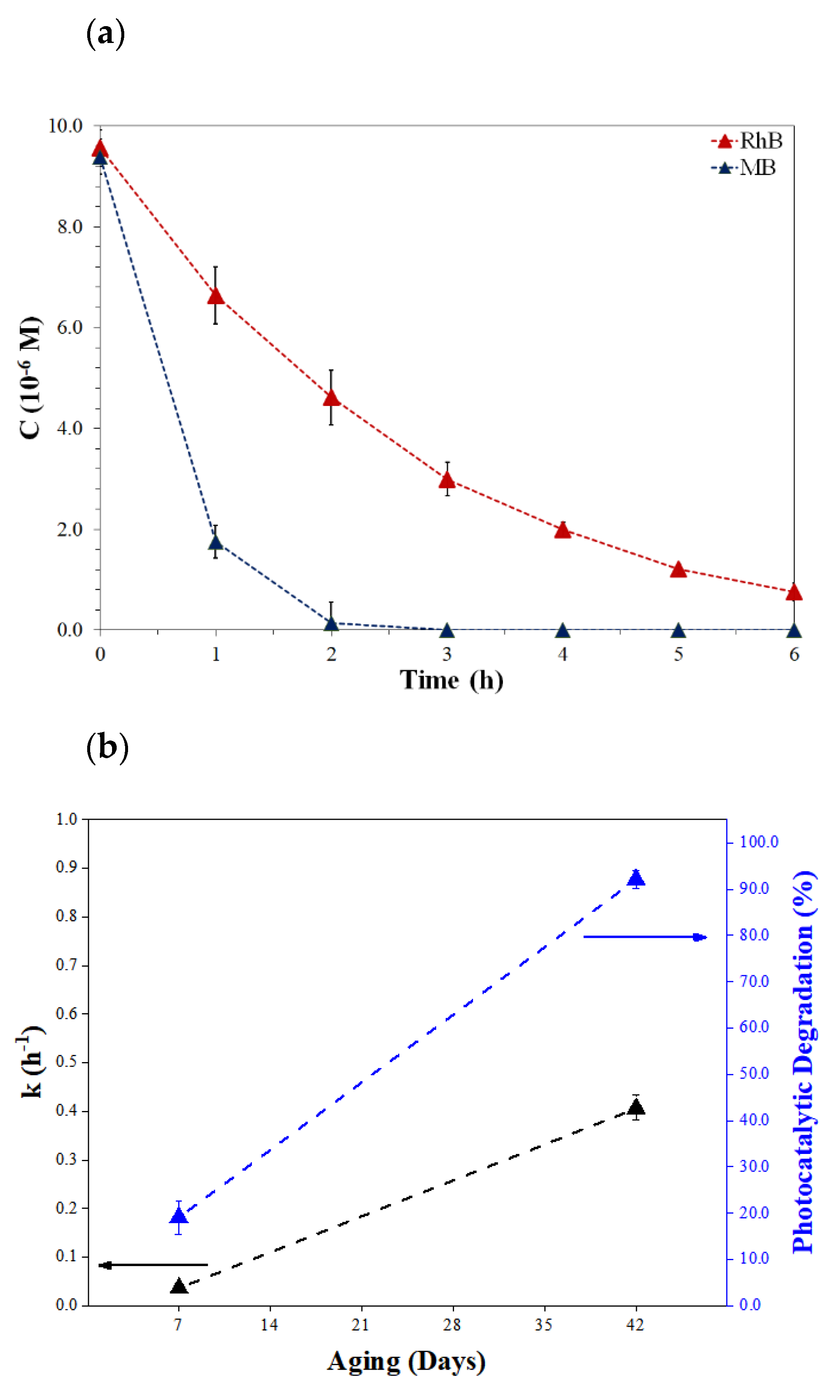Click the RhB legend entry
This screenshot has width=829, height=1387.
click(x=747, y=141)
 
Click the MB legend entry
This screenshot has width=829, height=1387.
click(x=744, y=168)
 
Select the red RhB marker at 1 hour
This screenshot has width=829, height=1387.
click(x=216, y=296)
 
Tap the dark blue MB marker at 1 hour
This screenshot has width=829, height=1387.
click(x=216, y=542)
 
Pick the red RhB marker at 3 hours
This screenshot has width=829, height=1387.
click(x=447, y=480)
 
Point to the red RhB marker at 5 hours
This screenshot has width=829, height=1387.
click(x=678, y=569)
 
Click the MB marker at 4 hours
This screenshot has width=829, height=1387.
click(x=562, y=631)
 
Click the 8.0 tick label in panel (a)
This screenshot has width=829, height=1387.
click(x=70, y=226)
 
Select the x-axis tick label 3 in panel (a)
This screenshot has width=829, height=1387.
click(x=447, y=654)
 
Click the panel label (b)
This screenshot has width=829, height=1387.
click(x=107, y=748)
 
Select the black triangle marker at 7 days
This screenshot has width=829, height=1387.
click(x=179, y=1286)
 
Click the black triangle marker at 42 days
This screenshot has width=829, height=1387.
click(x=636, y=1106)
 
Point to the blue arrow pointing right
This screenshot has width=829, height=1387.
click(x=645, y=937)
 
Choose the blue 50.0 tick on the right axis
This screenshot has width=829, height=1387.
click(x=754, y=1073)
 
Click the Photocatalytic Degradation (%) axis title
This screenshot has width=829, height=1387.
click(x=803, y=1062)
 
